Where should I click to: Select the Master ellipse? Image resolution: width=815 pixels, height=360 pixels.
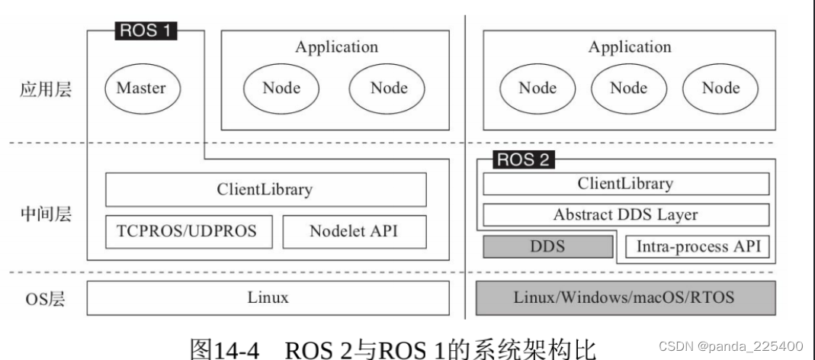coord(141,88)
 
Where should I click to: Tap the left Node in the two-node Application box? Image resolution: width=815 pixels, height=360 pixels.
coord(281,88)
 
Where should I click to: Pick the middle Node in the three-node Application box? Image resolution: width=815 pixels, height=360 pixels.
coord(629,88)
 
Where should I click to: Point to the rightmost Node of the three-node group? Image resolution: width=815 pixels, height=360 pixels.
coord(720,88)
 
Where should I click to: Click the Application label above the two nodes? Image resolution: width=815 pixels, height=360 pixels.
coord(336,47)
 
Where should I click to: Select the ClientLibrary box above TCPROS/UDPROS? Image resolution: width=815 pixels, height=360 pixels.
coord(265,189)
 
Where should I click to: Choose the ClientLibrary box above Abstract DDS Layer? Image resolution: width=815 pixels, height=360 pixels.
coord(625,183)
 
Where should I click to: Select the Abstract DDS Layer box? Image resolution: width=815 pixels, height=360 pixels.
coord(625,215)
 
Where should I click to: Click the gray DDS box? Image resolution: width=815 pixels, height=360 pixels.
coord(547,246)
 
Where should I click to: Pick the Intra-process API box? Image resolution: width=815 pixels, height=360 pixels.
coord(697,246)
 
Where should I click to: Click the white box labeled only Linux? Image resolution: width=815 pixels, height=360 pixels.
coord(268,297)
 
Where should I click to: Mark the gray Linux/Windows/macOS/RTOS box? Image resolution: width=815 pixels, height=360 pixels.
coord(625,297)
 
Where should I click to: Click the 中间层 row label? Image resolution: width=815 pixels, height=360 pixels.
coord(45,214)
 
